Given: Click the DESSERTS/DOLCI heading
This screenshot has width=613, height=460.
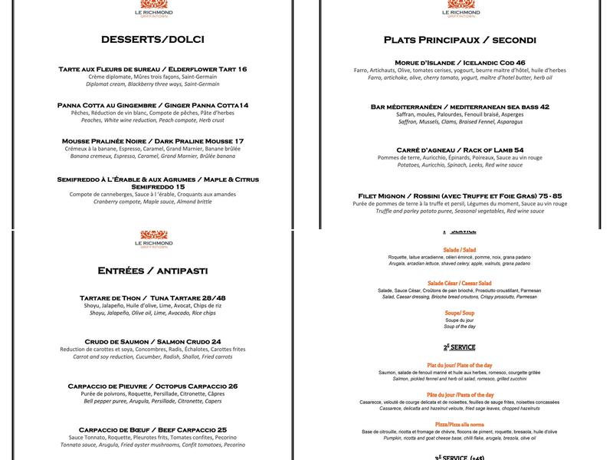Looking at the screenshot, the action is coord(152,39).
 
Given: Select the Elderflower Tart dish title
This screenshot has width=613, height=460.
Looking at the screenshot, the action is coord(152,69).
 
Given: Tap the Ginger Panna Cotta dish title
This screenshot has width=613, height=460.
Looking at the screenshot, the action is coord(152,105).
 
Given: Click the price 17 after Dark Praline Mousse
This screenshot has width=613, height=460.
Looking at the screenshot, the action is coord(239,141).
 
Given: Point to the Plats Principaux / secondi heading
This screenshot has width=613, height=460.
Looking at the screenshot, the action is coord(460,40).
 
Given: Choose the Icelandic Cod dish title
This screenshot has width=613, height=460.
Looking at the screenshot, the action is coord(460,62).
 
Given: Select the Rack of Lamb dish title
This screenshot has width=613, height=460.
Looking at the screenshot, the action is coord(460,149).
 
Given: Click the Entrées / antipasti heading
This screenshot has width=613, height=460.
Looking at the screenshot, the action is coord(152,271).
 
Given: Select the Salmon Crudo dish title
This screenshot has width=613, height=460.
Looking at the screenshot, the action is coord(152,341).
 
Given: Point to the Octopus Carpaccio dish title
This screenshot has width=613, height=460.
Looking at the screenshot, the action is coord(152,386).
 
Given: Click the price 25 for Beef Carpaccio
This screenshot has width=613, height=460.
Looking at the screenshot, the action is coord(221,429).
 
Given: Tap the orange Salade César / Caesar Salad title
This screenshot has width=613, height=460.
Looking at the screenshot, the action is coord(460,283).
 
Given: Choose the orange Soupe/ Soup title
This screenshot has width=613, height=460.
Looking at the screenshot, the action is coord(460,312).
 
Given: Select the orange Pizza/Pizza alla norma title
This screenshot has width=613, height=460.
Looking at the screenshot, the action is coord(460,424).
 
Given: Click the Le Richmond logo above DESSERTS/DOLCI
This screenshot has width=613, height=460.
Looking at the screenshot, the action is coord(152,8).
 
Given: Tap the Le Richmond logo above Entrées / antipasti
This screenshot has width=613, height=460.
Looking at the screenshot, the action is coord(152,238).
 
